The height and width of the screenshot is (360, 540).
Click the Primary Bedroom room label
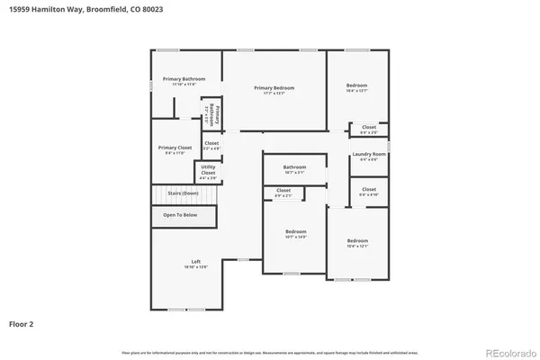pyautogui.click(x=274, y=87)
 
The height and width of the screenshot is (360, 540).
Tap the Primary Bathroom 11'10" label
pyautogui.click(x=184, y=79)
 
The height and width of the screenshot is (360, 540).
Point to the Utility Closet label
pyautogui.click(x=208, y=169)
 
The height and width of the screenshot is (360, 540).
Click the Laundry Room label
pyautogui.click(x=369, y=154)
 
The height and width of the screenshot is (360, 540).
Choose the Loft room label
pyautogui.click(x=195, y=262)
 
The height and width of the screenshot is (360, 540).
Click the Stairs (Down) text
pyautogui.click(x=183, y=193)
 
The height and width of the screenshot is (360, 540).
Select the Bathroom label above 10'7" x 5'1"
pyautogui.click(x=295, y=166)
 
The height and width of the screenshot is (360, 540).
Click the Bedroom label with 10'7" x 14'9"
pyautogui.click(x=295, y=231)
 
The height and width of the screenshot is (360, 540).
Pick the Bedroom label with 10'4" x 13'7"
pyautogui.click(x=357, y=85)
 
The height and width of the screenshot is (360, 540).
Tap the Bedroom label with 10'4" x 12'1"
pyautogui.click(x=357, y=240)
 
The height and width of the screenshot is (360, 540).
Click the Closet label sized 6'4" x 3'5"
pyautogui.click(x=369, y=127)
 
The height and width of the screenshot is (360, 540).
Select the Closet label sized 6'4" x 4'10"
pyautogui.click(x=369, y=189)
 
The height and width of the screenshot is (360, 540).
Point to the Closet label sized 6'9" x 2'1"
pyautogui.click(x=283, y=190)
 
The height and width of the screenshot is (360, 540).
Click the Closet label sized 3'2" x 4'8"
pyautogui.click(x=211, y=143)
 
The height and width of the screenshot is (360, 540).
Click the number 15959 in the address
pyautogui.click(x=21, y=8)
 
